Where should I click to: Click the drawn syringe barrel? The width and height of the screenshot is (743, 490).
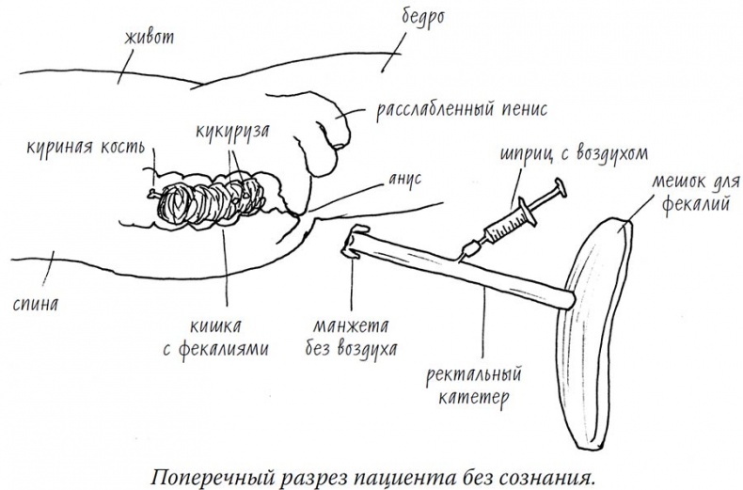[x=505, y=224]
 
